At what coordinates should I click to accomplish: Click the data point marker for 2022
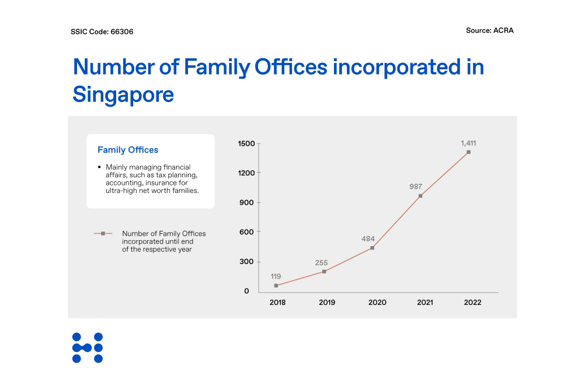pyautogui.click(x=468, y=152)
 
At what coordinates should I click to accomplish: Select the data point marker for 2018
pyautogui.click(x=276, y=286)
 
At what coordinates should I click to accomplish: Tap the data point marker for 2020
pyautogui.click(x=372, y=248)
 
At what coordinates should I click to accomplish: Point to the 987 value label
pyautogui.click(x=416, y=187)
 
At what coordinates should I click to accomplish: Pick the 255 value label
pyautogui.click(x=322, y=263)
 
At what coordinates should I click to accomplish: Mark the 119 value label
pyautogui.click(x=276, y=276)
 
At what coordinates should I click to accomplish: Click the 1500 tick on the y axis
pyautogui.click(x=247, y=144)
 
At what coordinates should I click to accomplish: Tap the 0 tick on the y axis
pyautogui.click(x=246, y=291)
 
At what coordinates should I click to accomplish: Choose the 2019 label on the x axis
pyautogui.click(x=327, y=303)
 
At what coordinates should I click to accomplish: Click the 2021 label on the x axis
pyautogui.click(x=424, y=303)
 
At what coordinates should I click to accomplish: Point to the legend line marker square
pyautogui.click(x=103, y=233)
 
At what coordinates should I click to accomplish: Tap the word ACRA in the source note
pyautogui.click(x=503, y=30)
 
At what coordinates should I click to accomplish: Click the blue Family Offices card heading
pyautogui.click(x=128, y=150)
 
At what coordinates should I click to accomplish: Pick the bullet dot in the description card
pyautogui.click(x=100, y=167)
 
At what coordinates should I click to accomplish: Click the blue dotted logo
pyautogui.click(x=88, y=348)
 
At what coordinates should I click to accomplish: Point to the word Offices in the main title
pyautogui.click(x=290, y=67)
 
